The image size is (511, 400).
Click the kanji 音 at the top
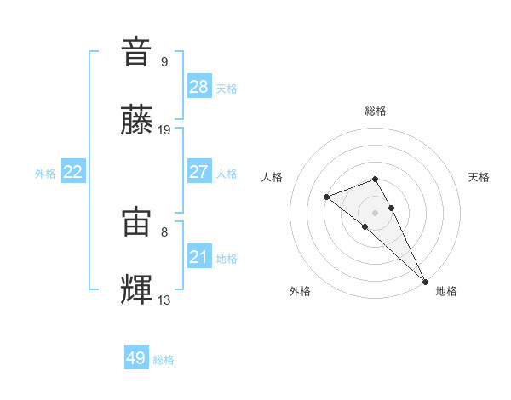click(137, 52)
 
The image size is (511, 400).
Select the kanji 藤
click(137, 120)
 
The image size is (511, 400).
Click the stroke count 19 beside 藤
click(164, 130)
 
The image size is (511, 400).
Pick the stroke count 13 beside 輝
click(164, 300)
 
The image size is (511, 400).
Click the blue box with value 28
click(198, 87)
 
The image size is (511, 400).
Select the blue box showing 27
click(198, 172)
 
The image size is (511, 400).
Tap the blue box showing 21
click(198, 256)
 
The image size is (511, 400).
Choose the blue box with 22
click(73, 172)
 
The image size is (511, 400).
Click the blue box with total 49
click(136, 358)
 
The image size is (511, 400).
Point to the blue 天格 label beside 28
click(227, 89)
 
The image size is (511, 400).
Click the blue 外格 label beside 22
click(45, 174)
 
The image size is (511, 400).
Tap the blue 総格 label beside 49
click(164, 360)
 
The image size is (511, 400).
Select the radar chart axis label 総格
click(376, 111)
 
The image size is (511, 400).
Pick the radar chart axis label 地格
click(446, 291)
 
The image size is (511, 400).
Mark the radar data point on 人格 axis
click(326, 197)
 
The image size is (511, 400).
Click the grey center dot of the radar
click(376, 212)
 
